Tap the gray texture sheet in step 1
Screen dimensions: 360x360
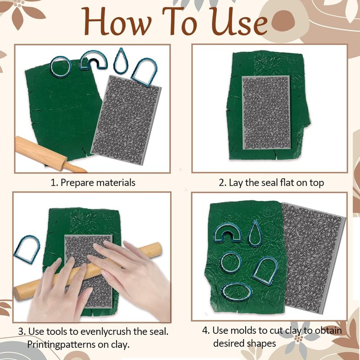click(x=126, y=119)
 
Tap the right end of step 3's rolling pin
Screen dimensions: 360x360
click(x=158, y=249)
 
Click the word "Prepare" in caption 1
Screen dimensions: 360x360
click(x=77, y=183)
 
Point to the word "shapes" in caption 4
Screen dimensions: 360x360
click(x=261, y=344)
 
